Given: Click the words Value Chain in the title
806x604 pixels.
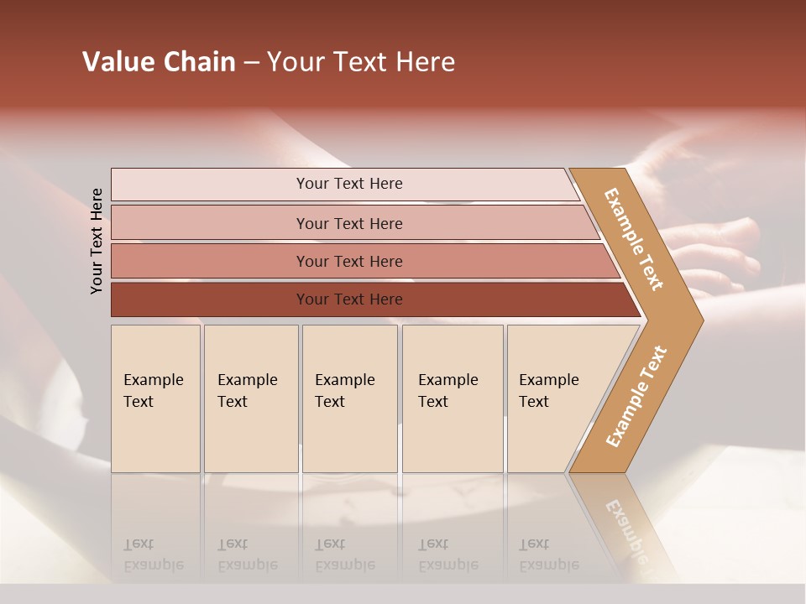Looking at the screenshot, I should [159, 62].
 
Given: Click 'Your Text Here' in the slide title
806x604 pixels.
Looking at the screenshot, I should [361, 62].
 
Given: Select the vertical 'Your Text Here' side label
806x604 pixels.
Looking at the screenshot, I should [97, 241].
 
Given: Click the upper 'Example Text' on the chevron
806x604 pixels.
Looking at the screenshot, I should [634, 239].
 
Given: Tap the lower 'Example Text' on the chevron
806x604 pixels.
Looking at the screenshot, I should [636, 397].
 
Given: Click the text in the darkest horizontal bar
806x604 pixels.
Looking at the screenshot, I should [349, 299].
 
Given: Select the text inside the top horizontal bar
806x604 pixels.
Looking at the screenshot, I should [349, 184].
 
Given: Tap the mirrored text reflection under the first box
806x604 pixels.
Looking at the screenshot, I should [153, 555].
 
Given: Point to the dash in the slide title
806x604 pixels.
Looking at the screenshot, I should [251, 63].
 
